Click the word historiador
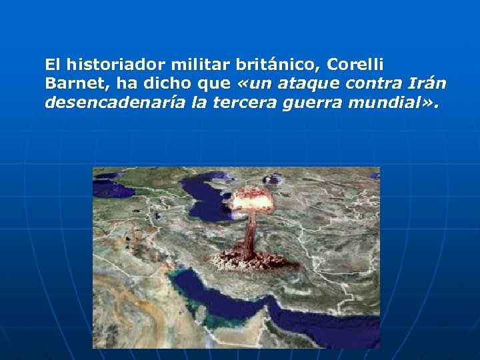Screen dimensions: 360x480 (113, 65)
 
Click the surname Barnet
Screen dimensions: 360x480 (71, 85)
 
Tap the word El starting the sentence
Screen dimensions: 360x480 (53, 65)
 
